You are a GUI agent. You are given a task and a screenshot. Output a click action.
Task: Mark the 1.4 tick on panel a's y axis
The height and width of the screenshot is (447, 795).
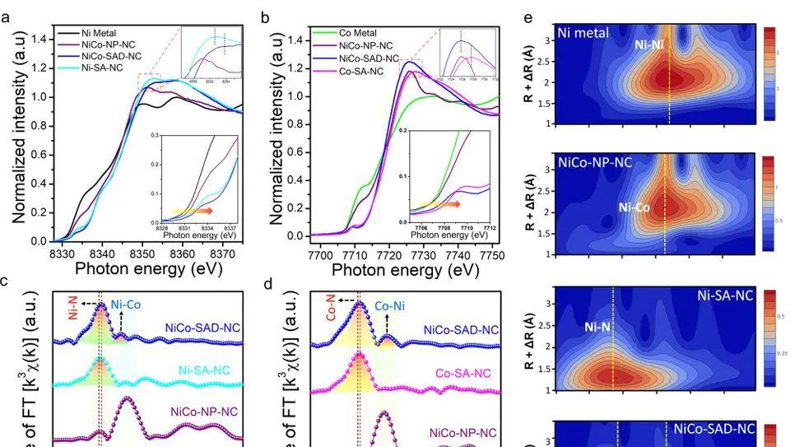(x=40, y=39)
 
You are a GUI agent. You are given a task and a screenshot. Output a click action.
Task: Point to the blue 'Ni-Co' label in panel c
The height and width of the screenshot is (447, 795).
(x=126, y=303)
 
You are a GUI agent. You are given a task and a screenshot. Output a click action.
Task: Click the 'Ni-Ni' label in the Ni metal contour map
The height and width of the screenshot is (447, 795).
(x=651, y=46)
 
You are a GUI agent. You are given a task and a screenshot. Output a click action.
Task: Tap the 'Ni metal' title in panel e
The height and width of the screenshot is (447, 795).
(x=583, y=34)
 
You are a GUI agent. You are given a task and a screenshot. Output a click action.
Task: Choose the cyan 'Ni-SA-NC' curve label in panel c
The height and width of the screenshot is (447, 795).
(x=208, y=370)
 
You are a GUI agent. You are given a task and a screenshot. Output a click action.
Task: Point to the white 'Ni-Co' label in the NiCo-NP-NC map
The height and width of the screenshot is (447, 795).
(x=635, y=208)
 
